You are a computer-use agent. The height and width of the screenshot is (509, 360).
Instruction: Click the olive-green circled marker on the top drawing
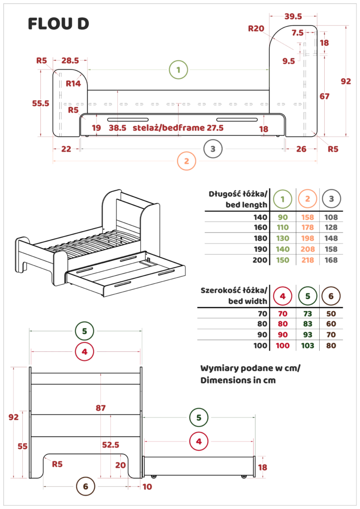(x=178, y=70)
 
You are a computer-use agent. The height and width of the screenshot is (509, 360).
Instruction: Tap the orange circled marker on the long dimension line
(x=186, y=162)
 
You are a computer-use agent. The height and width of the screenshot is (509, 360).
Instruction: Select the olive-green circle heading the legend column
(x=282, y=199)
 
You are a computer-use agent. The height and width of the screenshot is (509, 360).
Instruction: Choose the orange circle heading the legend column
(x=308, y=199)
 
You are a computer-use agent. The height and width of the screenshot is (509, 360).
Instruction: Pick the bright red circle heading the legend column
(x=282, y=297)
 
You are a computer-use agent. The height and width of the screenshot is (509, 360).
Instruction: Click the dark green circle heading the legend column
(x=308, y=297)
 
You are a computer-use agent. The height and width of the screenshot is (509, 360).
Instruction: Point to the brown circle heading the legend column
(x=332, y=297)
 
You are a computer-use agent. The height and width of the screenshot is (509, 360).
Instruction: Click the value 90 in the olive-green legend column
(x=283, y=217)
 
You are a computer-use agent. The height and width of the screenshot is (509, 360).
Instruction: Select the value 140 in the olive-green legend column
(x=283, y=249)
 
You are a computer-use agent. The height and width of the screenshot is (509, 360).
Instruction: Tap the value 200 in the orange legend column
(x=308, y=249)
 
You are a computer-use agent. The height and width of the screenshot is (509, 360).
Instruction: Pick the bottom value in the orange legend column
(x=308, y=260)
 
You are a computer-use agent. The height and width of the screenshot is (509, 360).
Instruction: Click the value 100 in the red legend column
(x=282, y=345)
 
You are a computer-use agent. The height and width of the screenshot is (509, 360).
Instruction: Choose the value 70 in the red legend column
(x=282, y=314)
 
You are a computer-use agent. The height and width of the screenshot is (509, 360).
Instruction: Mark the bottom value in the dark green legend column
(x=308, y=345)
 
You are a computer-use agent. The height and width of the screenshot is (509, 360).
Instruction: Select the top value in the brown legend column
(x=332, y=314)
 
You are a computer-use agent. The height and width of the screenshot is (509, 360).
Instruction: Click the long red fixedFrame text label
(x=178, y=128)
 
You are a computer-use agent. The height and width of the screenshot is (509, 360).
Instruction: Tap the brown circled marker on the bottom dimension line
(x=86, y=487)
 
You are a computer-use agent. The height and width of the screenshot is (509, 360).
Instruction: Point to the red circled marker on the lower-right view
(x=199, y=440)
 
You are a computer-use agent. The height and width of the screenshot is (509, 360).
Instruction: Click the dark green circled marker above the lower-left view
(x=86, y=331)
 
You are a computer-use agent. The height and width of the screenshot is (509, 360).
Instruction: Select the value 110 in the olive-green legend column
(x=283, y=227)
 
